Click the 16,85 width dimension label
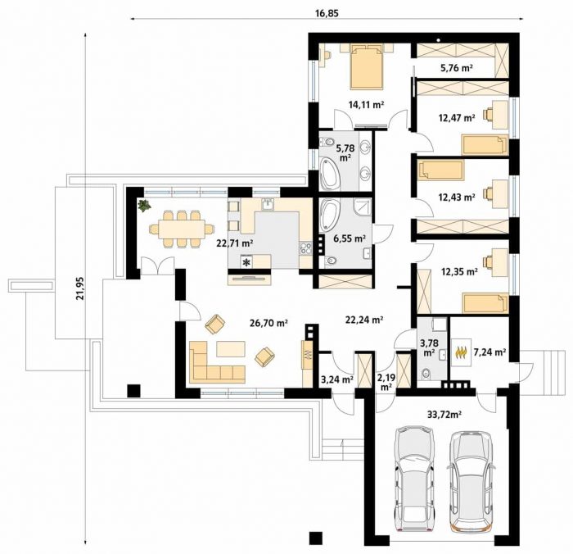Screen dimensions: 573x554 point(327,14)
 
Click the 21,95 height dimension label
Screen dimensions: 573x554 point(80,288)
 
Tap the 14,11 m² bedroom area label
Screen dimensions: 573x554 point(366,105)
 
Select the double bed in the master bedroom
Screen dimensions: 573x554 point(367,67)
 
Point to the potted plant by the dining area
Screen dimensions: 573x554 point(144,205)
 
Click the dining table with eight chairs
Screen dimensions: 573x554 point(182,229)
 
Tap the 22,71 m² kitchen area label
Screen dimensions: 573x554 point(236,243)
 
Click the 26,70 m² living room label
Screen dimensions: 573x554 point(269,323)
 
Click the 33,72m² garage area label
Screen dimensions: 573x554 point(444,415)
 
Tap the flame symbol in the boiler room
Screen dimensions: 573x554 point(460,352)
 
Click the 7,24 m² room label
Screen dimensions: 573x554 point(490,352)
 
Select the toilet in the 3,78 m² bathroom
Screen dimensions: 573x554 point(426,374)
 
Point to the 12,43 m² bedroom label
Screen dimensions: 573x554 point(457,198)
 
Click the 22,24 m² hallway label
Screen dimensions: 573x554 point(364,320)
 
